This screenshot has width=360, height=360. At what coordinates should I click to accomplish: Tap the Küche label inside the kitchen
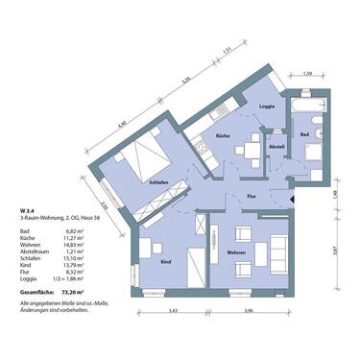pyautogui.click(x=221, y=137)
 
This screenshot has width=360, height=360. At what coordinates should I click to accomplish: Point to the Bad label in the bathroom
pyautogui.click(x=303, y=136)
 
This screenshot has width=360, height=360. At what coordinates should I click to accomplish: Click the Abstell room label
pyautogui.click(x=276, y=146)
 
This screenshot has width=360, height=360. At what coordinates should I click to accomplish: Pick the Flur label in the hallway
pyautogui.click(x=251, y=195)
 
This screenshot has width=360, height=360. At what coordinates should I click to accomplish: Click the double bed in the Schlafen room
pyautogui.click(x=146, y=153)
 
